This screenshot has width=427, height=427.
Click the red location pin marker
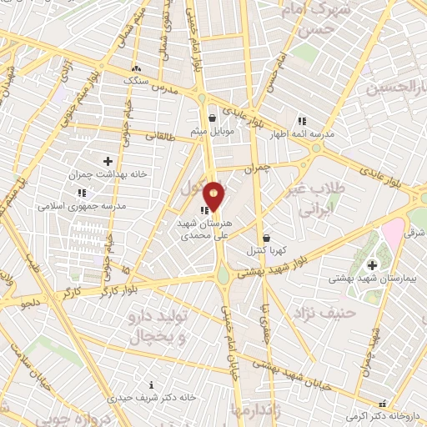214,195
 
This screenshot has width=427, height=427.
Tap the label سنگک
136,82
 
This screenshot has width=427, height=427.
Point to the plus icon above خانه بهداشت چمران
108,160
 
